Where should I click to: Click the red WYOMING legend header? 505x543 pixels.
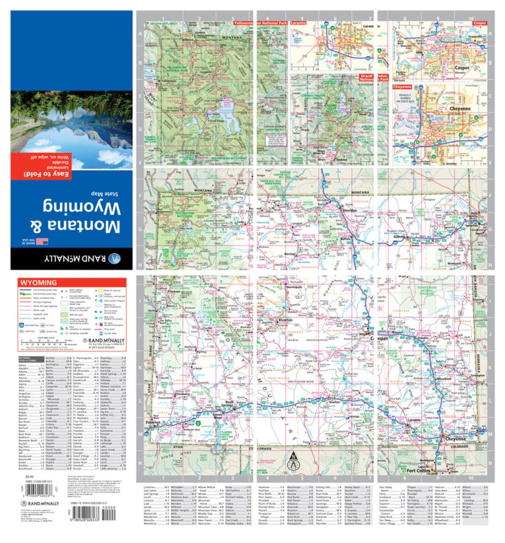39,283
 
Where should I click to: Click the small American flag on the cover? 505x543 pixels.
41,242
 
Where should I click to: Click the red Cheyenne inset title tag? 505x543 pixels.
403,86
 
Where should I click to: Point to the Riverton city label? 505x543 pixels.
286,321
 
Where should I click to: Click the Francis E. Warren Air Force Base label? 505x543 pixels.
410,98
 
